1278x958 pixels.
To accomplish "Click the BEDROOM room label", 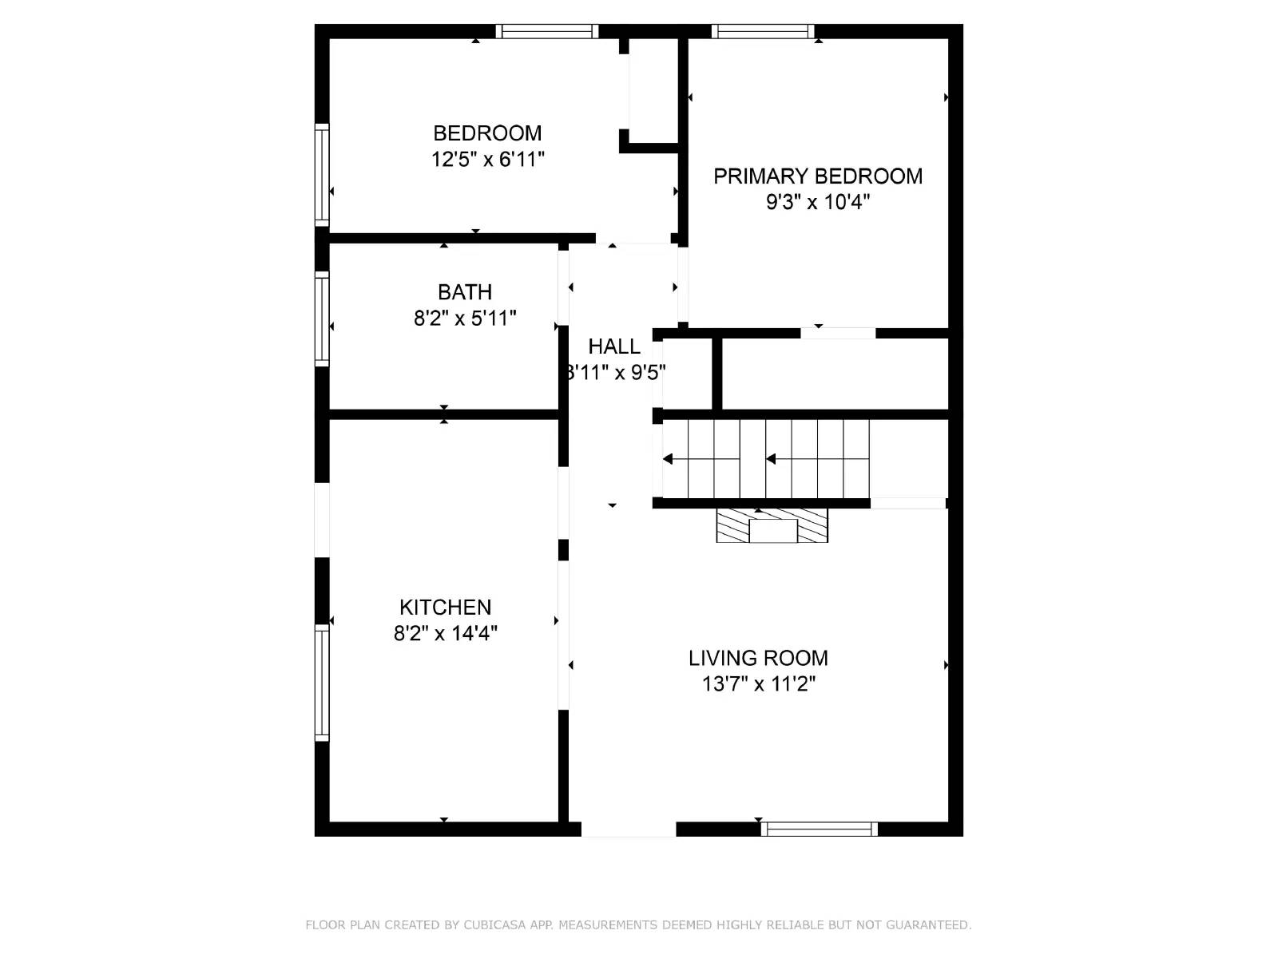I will click(487, 133).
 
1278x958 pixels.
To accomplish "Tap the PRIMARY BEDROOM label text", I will click(818, 176).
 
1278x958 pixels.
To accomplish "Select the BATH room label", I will click(464, 292).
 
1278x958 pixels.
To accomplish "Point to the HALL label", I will click(614, 346).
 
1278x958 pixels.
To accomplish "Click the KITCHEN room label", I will click(445, 608).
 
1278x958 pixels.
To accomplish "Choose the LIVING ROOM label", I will click(758, 659).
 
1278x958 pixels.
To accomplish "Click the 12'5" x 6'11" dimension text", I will click(488, 160).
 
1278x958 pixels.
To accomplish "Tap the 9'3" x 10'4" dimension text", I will click(818, 202).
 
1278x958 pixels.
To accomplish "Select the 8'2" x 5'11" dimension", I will click(465, 319).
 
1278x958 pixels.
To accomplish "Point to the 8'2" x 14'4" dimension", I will click(446, 634).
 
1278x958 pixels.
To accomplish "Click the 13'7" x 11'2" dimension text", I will click(759, 684).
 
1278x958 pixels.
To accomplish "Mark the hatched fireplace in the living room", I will click(772, 525).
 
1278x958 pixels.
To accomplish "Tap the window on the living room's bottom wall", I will click(819, 829).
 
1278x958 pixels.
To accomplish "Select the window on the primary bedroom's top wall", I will click(763, 32).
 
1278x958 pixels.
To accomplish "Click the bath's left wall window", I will click(322, 319).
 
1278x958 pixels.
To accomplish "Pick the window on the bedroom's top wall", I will click(546, 32).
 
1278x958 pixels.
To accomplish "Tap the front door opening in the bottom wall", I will click(628, 829).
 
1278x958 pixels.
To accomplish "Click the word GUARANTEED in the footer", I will click(926, 925).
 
